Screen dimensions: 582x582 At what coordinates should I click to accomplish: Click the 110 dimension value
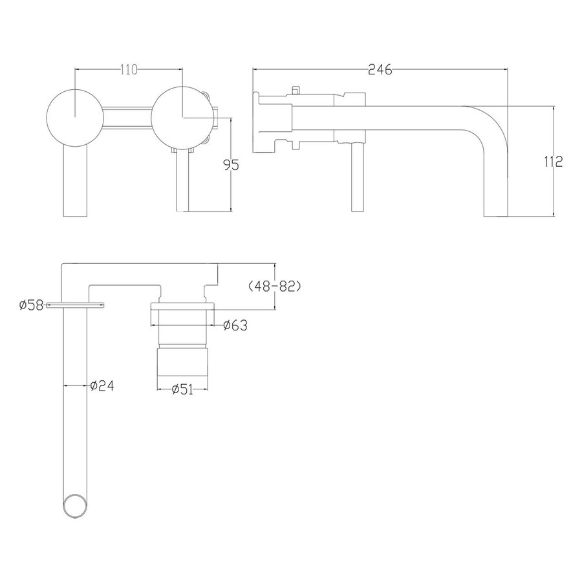(x=129, y=71)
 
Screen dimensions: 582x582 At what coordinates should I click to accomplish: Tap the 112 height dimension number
(x=553, y=161)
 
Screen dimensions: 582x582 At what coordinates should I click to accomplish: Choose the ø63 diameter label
(x=235, y=325)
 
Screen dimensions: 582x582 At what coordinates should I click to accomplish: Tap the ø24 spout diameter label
(x=102, y=385)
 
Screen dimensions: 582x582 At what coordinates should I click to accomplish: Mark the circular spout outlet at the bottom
(x=76, y=505)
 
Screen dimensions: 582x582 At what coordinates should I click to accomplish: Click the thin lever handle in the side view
(x=354, y=175)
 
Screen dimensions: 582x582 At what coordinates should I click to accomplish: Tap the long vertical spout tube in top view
(x=76, y=401)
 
